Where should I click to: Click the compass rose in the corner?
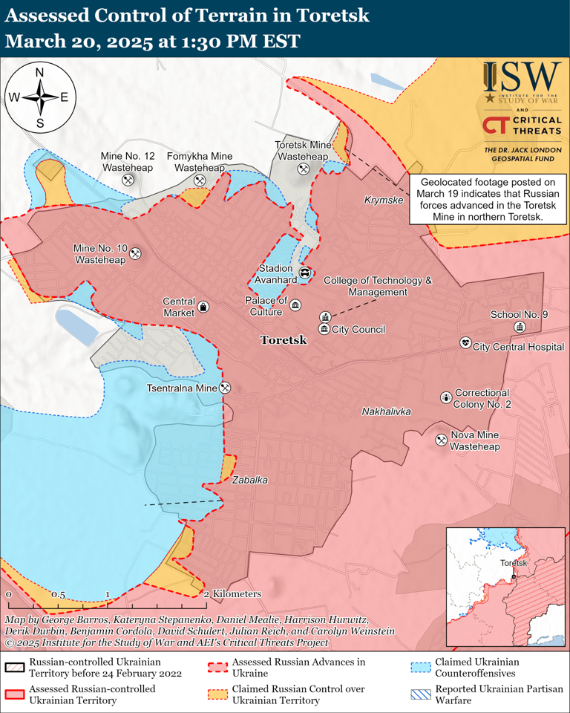point(40,97)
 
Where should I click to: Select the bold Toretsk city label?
point(283,340)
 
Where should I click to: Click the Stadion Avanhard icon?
point(304,273)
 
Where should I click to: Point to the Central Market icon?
point(203,307)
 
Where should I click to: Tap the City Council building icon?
point(324,329)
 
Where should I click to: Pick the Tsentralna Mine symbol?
point(226,387)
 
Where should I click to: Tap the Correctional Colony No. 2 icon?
point(445,397)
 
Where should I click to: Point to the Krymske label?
point(383,201)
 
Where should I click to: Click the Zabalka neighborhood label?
point(249,481)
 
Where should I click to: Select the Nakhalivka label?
point(386,411)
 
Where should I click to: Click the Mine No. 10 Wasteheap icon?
point(135,253)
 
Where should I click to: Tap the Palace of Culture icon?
point(295,306)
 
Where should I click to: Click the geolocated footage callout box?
point(486,199)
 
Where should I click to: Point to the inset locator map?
point(505,585)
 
